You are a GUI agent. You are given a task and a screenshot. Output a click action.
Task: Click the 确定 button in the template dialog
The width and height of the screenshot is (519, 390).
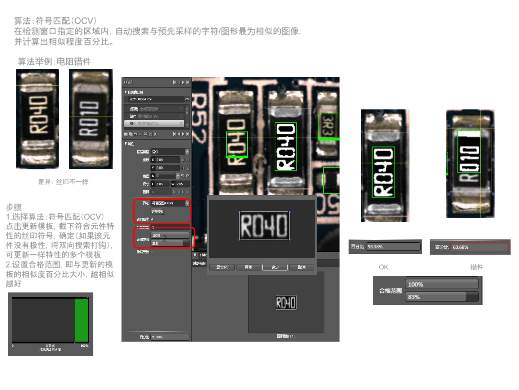coord(275,267)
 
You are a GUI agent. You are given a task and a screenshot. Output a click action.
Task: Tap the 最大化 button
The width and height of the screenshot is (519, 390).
coord(222,267)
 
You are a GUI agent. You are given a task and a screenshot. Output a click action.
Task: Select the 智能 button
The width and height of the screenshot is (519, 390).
coord(248,267)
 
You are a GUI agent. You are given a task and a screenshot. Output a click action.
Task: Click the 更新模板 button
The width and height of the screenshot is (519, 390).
coord(157,211)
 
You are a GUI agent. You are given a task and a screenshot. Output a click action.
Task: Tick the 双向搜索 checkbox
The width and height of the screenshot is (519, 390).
coord(152,219)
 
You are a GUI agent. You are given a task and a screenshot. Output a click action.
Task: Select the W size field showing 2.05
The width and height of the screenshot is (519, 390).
coord(179,184)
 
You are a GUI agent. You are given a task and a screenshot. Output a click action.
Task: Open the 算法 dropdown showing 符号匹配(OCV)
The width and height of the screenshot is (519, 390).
coord(170,203)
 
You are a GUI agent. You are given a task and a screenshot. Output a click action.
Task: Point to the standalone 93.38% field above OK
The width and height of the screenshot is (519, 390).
coord(393,247)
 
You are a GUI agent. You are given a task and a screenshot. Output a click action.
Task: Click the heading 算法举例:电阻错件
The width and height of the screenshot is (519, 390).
coord(54,62)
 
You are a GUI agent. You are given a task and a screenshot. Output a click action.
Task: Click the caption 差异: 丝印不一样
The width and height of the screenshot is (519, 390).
coord(63,182)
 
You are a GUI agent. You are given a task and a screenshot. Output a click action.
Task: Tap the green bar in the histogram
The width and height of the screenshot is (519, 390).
coord(82,320)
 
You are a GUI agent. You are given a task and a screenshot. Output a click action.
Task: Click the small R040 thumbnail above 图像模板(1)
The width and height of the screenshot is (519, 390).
coord(286,302)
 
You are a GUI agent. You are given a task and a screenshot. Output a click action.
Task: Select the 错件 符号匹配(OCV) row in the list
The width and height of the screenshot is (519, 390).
coord(154,124)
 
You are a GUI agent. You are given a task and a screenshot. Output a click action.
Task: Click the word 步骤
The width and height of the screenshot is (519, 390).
coord(14,207)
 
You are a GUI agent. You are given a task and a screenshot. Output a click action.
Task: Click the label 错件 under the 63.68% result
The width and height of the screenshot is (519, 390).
coord(476,267)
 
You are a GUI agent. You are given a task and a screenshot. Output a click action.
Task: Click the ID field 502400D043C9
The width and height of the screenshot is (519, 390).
coord(155,99)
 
